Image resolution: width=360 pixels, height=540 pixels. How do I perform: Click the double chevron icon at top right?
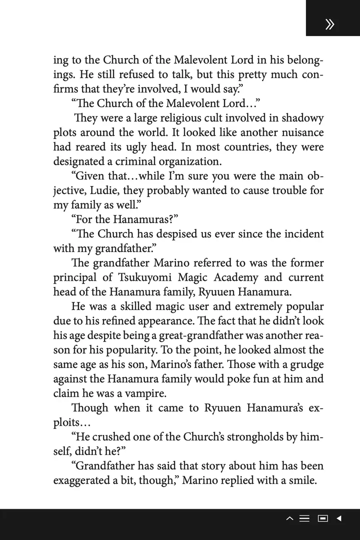(330, 24)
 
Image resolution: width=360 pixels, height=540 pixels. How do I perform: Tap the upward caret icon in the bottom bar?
(290, 518)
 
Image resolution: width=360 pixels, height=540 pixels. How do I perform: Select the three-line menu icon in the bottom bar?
(304, 518)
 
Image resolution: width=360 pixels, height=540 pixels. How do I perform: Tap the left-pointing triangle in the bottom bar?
(339, 518)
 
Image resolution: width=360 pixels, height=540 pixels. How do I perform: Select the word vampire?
(145, 394)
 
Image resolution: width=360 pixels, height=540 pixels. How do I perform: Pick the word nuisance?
(300, 132)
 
